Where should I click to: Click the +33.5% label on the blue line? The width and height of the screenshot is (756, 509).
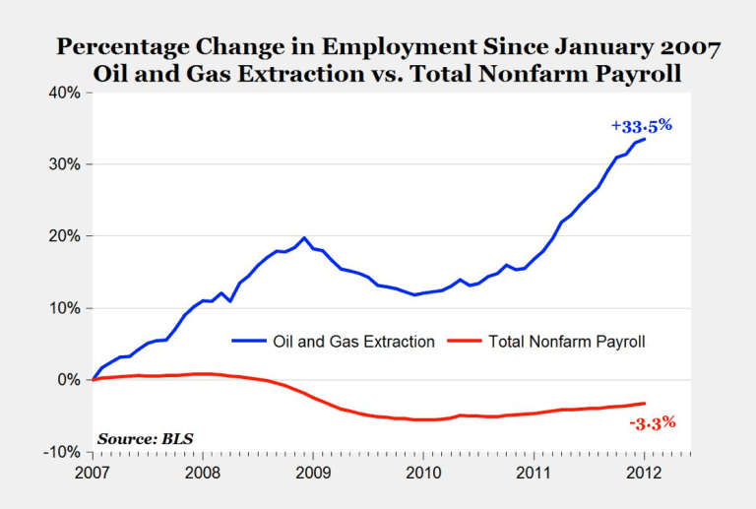point(641,126)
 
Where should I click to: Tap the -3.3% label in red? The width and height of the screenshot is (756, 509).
point(651,423)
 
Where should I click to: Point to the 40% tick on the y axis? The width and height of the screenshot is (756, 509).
point(66,93)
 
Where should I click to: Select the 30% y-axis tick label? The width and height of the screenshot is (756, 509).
point(66,164)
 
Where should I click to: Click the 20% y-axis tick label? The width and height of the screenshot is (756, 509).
point(66,236)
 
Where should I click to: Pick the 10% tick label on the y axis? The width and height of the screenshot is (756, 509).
point(66,308)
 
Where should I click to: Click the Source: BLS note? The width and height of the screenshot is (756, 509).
point(140,437)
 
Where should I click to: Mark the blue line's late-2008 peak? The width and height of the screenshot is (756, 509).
point(304,237)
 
